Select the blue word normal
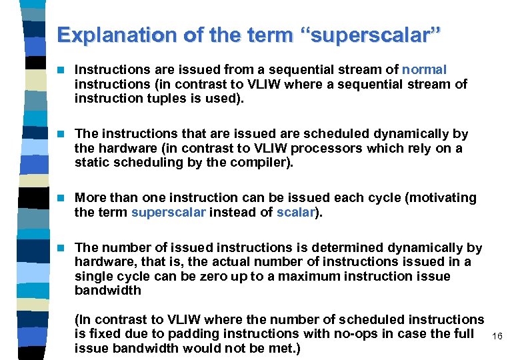coord(424,69)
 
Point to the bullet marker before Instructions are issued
coord(63,69)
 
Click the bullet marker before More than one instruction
coord(63,198)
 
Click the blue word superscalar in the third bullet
coord(169,212)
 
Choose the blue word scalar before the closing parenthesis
coord(296,212)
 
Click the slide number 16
coord(497,337)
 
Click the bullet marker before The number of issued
coord(63,248)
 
